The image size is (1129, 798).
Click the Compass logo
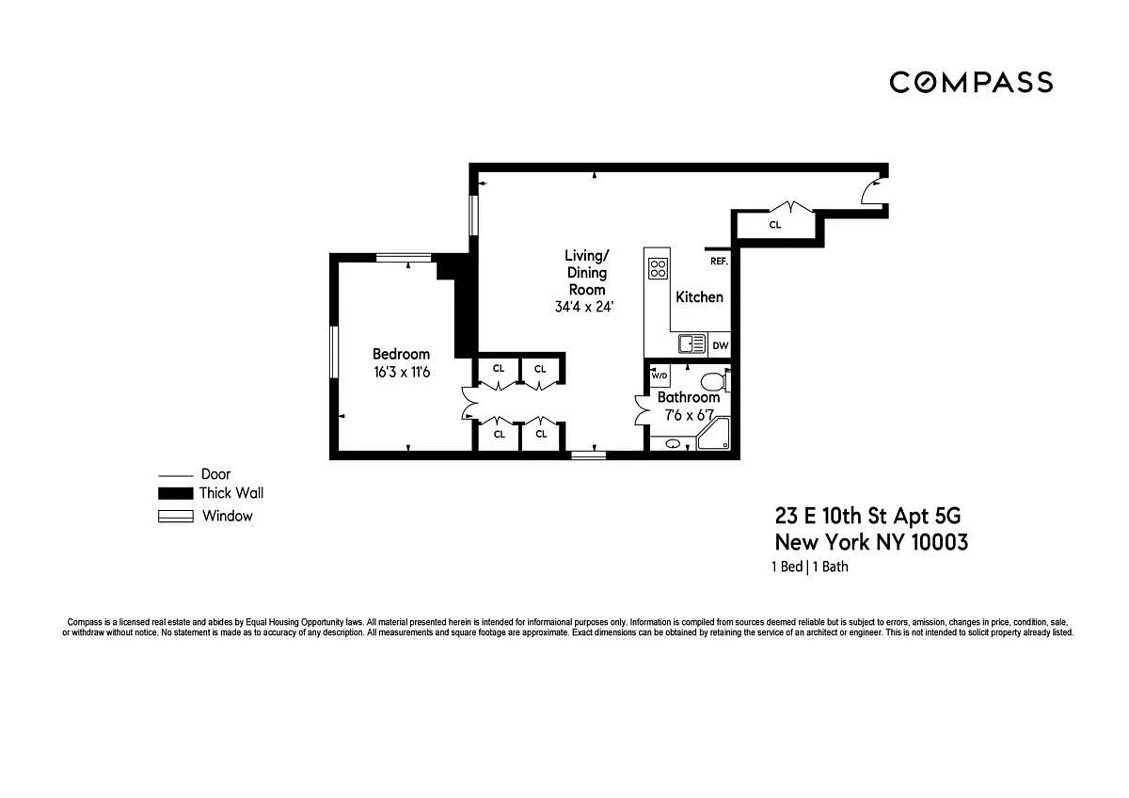pyautogui.click(x=971, y=82)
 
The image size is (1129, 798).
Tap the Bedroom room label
pyautogui.click(x=401, y=354)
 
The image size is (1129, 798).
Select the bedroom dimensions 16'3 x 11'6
pyautogui.click(x=402, y=372)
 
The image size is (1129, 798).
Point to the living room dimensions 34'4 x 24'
pyautogui.click(x=583, y=307)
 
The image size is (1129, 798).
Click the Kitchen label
pyautogui.click(x=699, y=297)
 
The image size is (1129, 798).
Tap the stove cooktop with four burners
pyautogui.click(x=658, y=268)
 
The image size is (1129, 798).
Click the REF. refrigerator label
pyautogui.click(x=719, y=261)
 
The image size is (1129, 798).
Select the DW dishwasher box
pyautogui.click(x=720, y=345)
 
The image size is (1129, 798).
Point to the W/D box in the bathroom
pyautogui.click(x=660, y=375)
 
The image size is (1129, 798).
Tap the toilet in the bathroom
pyautogui.click(x=715, y=382)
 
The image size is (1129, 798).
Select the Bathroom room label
pyautogui.click(x=689, y=397)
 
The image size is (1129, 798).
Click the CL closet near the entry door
pyautogui.click(x=775, y=225)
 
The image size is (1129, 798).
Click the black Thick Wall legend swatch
pyautogui.click(x=175, y=493)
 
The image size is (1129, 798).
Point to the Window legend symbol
pyautogui.click(x=175, y=517)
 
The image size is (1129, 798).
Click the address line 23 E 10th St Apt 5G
pyautogui.click(x=867, y=516)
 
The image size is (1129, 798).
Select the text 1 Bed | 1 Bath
pyautogui.click(x=810, y=567)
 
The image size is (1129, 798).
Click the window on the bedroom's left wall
pyautogui.click(x=334, y=352)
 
